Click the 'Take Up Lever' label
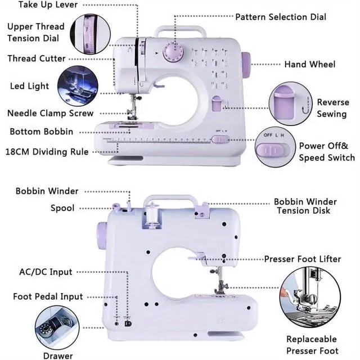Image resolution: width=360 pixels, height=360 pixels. click(48, 4)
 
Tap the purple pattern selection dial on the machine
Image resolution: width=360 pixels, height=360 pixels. click(173, 52)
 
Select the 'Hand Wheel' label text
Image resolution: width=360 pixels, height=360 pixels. click(310, 64)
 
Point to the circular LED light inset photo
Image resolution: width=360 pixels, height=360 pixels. click(78, 86)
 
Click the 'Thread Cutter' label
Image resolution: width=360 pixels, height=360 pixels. click(37, 58)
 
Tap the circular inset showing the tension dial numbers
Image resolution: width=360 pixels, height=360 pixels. click(90, 34)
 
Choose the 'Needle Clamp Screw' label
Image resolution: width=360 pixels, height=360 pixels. click(50, 113)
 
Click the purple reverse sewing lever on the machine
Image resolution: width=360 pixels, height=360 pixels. click(217, 103)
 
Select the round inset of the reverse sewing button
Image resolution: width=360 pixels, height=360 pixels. click(290, 103)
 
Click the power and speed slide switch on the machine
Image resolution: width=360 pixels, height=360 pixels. click(220, 139)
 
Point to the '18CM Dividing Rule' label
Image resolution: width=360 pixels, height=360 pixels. click(47, 152)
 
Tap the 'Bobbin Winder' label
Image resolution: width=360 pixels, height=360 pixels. click(47, 191)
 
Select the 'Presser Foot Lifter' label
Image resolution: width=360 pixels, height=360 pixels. click(303, 259)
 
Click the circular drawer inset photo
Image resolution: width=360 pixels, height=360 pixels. click(57, 327)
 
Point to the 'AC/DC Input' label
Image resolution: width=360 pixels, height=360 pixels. click(46, 272)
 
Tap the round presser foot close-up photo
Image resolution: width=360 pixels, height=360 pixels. click(310, 298)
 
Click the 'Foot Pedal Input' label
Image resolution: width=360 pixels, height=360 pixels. click(48, 296)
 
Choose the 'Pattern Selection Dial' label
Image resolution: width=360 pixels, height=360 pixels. click(281, 17)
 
